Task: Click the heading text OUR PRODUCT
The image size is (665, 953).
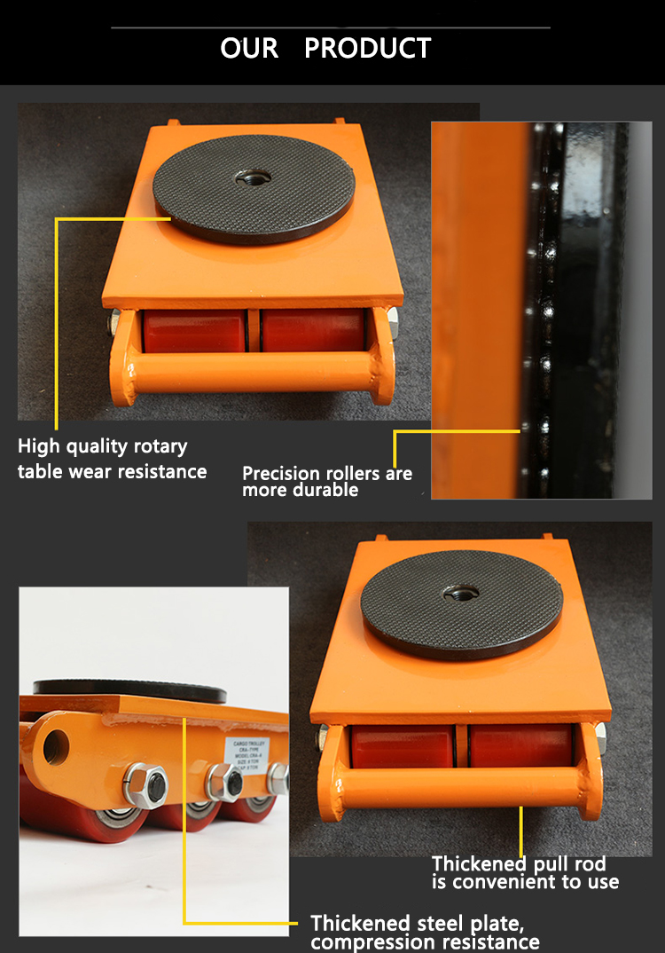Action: click(x=325, y=48)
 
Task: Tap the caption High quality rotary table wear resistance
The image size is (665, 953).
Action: click(x=112, y=459)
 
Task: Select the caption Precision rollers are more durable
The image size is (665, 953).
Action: click(x=327, y=481)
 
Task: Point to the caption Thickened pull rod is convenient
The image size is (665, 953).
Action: click(x=525, y=872)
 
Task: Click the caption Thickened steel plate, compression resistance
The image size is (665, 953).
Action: click(x=425, y=932)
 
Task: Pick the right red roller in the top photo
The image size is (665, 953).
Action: click(x=314, y=330)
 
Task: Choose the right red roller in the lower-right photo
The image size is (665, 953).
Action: click(x=521, y=745)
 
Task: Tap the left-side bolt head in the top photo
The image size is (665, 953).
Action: click(x=113, y=323)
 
